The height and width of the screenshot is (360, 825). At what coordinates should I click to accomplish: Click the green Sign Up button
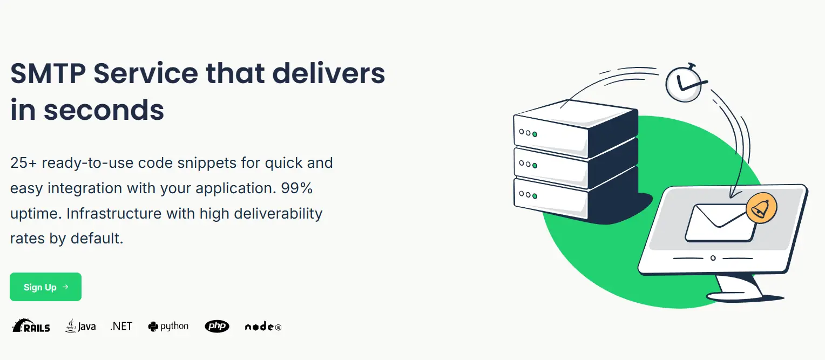point(45,287)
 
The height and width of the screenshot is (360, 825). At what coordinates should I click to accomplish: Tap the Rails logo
point(31,325)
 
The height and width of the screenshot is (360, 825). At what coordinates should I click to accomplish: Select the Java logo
point(80,326)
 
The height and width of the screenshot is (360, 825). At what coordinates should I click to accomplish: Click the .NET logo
point(121,326)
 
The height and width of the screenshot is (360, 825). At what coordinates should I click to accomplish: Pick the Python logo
point(168,326)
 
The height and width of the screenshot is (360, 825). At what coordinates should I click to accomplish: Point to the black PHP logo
point(217,326)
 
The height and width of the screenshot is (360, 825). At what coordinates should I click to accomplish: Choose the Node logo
point(263,327)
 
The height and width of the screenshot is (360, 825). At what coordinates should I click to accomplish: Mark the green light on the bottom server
point(535,196)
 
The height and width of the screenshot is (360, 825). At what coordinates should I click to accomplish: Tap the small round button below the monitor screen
point(713,258)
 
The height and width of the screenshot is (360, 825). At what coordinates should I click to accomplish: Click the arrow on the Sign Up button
point(65,287)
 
